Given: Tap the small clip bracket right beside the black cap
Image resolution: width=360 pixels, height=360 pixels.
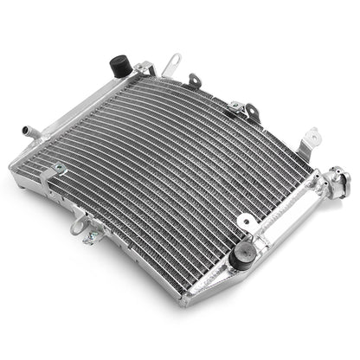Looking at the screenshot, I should point(142,69).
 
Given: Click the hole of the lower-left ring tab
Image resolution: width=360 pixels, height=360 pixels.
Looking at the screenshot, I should point(78,224).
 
